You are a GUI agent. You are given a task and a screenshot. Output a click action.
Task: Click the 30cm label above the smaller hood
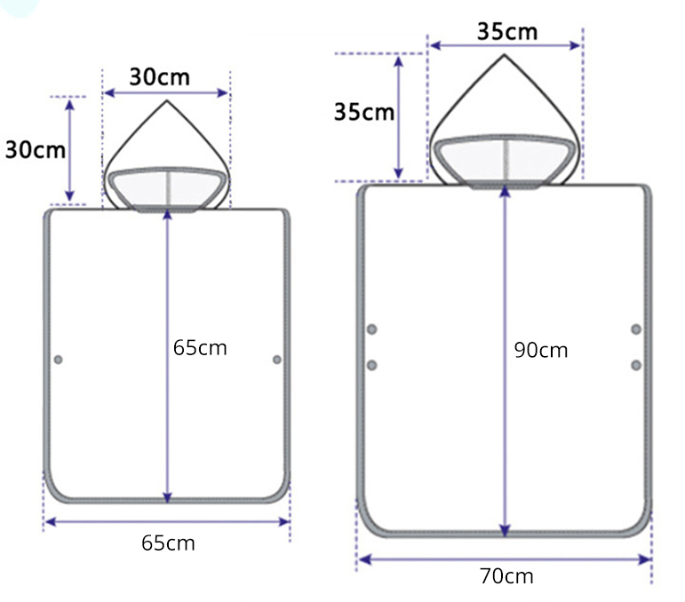point(159,77)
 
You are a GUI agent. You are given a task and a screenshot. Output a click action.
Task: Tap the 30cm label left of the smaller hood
point(36,150)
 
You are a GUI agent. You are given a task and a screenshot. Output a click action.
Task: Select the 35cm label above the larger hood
point(507,32)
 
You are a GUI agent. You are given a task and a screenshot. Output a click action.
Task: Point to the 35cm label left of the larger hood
point(364,112)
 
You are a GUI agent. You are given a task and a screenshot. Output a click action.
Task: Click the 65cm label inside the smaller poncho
point(200,348)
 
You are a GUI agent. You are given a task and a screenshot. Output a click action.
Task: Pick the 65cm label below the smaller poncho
point(168,543)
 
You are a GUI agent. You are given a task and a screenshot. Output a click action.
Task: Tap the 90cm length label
point(541,350)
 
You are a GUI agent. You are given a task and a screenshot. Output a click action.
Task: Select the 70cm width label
point(506,576)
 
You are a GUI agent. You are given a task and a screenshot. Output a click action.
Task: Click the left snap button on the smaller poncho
point(58,360)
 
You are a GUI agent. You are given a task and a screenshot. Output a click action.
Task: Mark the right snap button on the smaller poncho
point(277,360)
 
